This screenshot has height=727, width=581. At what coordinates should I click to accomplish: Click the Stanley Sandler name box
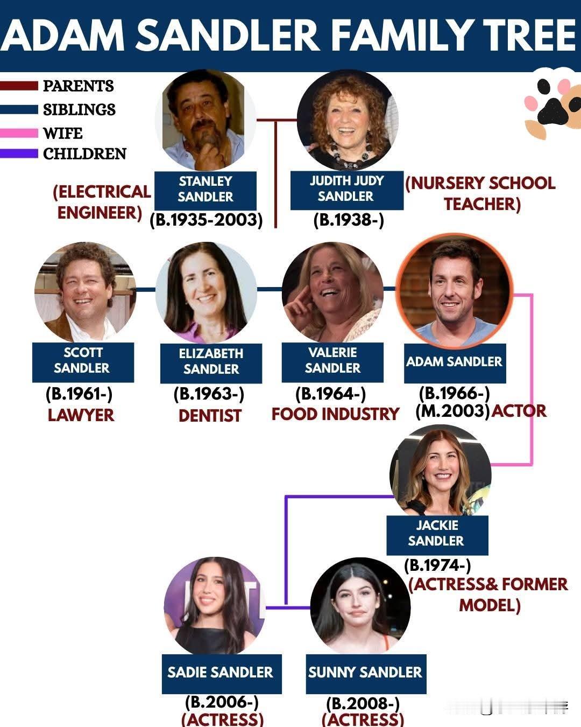pyautogui.click(x=205, y=190)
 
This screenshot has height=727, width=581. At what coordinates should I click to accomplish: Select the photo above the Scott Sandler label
pyautogui.click(x=84, y=292)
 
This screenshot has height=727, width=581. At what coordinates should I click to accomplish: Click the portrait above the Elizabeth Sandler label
pyautogui.click(x=206, y=292)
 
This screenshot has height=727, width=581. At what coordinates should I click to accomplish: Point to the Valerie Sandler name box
pyautogui.click(x=332, y=361)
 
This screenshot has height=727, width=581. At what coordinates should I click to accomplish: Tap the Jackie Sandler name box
pyautogui.click(x=436, y=534)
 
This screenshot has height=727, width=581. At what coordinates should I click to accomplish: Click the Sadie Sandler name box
pyautogui.click(x=221, y=673)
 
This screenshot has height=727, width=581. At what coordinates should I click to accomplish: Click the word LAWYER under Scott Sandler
pyautogui.click(x=81, y=415)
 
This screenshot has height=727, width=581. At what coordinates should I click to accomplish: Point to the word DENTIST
pyautogui.click(x=209, y=416)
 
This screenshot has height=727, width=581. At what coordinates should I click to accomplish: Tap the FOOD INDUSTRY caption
pyautogui.click(x=335, y=414)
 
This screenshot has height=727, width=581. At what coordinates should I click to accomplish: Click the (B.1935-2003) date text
pyautogui.click(x=206, y=220)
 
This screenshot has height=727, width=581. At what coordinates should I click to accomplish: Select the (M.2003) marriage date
pyautogui.click(x=452, y=411)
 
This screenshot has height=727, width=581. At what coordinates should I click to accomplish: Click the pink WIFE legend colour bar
pyautogui.click(x=19, y=132)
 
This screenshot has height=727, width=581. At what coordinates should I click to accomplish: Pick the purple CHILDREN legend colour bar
pyautogui.click(x=19, y=153)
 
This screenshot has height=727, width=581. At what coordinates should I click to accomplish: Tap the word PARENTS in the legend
pyautogui.click(x=79, y=86)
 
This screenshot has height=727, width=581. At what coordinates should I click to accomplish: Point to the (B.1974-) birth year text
pyautogui.click(x=437, y=565)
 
